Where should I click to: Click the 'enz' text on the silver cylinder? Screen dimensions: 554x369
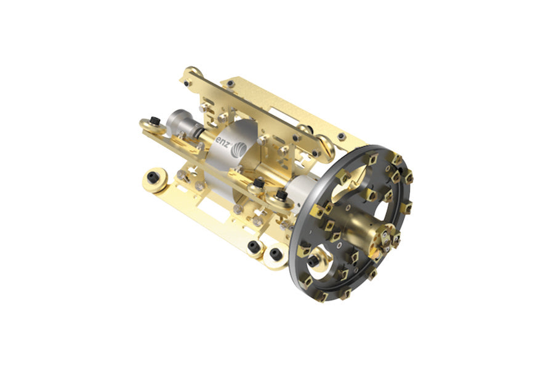pos(222,143)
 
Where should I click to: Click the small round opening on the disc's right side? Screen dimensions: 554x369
pos(380,211)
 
